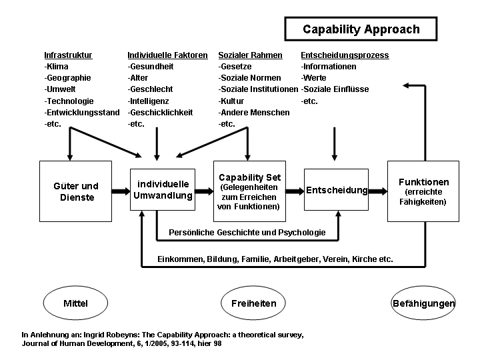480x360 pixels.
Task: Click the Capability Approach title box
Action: click(x=361, y=29)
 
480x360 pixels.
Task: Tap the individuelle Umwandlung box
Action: click(x=163, y=190)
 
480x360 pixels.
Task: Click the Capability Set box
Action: click(x=249, y=191)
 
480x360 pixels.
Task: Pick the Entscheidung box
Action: click(x=337, y=191)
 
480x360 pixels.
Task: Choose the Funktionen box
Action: click(x=423, y=191)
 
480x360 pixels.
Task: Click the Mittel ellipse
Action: click(x=75, y=303)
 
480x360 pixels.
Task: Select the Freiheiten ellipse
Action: click(x=249, y=303)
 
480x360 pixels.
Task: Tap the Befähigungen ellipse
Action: click(x=423, y=303)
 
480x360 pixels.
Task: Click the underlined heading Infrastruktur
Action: click(x=68, y=55)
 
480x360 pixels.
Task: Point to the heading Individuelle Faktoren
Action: click(x=167, y=55)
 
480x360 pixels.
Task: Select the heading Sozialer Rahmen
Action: click(x=250, y=55)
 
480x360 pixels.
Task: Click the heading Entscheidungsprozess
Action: click(x=345, y=55)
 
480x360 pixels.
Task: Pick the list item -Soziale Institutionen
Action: click(x=258, y=89)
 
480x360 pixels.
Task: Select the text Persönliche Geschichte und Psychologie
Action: click(x=247, y=233)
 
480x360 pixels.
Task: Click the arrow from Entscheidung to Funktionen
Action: click(x=378, y=191)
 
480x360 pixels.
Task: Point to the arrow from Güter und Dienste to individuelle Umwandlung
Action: click(x=120, y=191)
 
